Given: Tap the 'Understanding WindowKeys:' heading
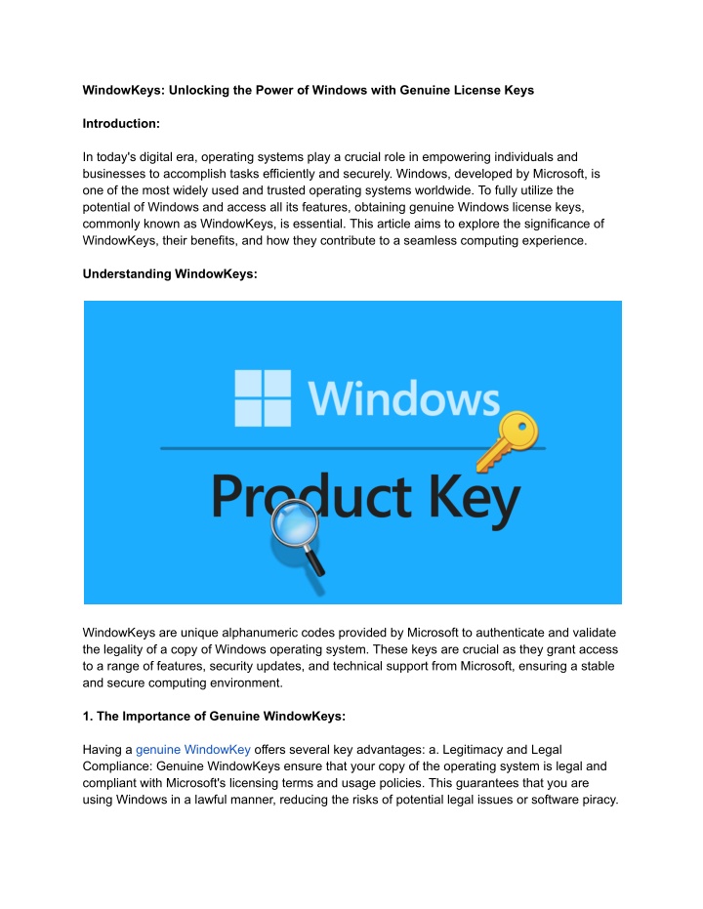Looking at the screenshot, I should (x=171, y=275).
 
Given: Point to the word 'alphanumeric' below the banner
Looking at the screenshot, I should (x=256, y=634).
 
